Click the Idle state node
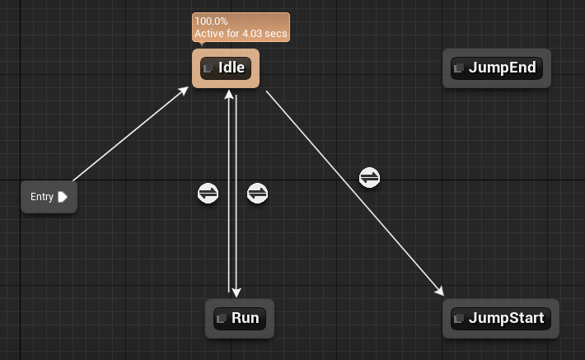point(226,68)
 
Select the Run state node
point(239,318)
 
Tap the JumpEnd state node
point(496,68)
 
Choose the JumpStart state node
point(500,318)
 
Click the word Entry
point(42,197)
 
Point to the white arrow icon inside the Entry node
point(63,197)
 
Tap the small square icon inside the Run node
point(222,318)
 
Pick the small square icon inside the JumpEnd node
point(459,68)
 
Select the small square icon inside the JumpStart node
point(459,318)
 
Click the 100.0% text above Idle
point(211,21)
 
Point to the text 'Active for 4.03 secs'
point(241,35)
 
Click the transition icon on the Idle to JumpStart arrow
point(370,177)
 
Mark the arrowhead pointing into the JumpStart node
point(440,292)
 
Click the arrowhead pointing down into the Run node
point(236,292)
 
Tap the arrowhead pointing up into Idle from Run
point(228,95)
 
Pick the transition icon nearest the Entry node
point(208,194)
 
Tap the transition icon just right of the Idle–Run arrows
point(258,194)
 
